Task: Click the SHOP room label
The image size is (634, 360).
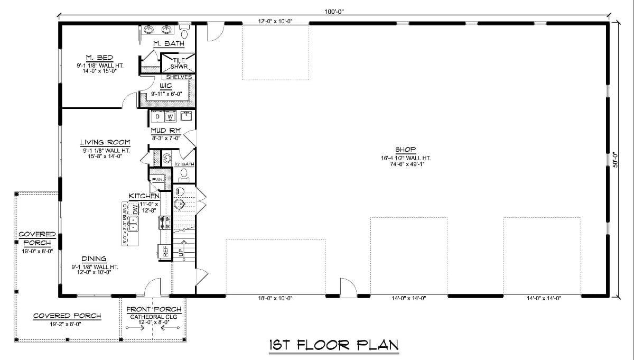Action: pos(405,149)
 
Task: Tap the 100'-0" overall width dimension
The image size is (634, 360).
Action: pos(335,11)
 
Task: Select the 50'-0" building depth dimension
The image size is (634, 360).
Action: pos(614,160)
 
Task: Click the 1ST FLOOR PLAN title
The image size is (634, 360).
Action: pos(333,345)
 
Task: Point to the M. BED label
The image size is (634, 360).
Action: pos(99,58)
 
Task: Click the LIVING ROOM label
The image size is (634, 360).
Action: pos(105,142)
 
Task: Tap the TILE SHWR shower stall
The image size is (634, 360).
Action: pos(179,63)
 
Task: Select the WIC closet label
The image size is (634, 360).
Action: pos(165,86)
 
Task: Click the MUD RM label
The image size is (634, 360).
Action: pos(166,130)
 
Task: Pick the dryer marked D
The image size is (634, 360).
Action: pos(157,116)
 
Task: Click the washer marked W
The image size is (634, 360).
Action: pos(170,116)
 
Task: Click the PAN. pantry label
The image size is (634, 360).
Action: pos(157,180)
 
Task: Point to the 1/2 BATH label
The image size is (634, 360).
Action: pos(184,164)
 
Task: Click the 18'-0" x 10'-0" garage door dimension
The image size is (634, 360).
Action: pos(275,299)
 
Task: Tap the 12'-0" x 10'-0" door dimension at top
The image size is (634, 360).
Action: pos(275,21)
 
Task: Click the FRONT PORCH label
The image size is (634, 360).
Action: pos(154,309)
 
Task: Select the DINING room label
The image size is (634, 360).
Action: pos(94,259)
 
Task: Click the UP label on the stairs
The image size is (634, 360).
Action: pos(181,253)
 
